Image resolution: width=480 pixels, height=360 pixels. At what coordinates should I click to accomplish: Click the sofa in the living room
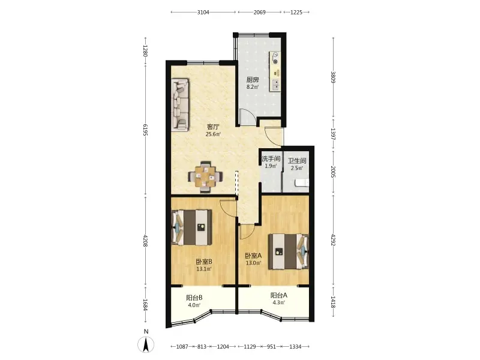tap(180, 104)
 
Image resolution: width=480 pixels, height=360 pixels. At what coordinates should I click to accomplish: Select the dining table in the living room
tap(205, 176)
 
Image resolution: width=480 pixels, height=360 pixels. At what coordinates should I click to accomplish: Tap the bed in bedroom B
tap(191, 227)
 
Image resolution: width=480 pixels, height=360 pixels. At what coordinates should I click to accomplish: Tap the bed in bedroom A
tap(289, 251)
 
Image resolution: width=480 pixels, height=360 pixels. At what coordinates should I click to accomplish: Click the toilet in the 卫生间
tap(302, 183)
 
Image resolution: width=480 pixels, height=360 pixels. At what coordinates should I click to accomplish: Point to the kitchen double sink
tap(275, 85)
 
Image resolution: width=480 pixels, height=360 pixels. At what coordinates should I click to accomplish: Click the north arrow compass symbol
tap(146, 344)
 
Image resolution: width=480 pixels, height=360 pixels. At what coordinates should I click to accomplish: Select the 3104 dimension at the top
tap(203, 12)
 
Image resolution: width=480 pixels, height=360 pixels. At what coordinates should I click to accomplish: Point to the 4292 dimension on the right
tap(334, 239)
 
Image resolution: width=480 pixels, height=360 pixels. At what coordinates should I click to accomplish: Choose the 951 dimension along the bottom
tap(271, 347)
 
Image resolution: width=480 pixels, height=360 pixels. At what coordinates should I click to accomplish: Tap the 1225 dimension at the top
tap(296, 12)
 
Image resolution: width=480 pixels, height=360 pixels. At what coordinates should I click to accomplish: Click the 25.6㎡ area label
tap(213, 134)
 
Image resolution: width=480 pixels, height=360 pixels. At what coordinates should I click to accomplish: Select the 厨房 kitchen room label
tap(253, 80)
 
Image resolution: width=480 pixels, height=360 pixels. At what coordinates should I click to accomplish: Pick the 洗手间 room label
tap(271, 158)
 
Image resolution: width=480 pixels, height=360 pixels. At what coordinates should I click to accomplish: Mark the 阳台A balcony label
tap(278, 295)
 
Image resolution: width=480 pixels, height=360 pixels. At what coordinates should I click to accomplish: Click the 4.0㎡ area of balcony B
tap(194, 305)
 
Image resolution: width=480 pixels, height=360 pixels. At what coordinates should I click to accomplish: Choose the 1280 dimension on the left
tap(145, 51)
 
